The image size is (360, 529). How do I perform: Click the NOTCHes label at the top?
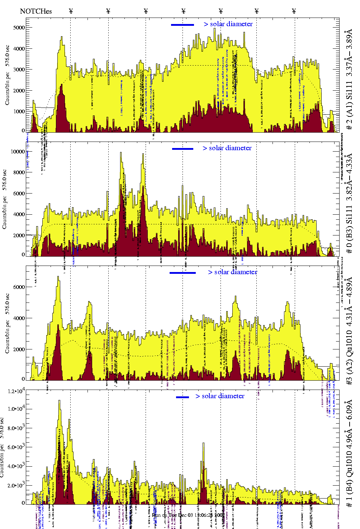pos(36,11)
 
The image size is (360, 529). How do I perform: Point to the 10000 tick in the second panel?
pos(18,152)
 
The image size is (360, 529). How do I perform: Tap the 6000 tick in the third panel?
pos(19,287)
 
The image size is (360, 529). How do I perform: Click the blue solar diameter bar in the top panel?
pos(183,25)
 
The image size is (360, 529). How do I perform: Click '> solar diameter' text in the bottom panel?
pos(220,396)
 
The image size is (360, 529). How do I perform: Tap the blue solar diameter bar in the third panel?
pos(183,273)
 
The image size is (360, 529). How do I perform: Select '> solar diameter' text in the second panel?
pos(227,148)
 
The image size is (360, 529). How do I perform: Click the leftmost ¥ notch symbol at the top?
pos(71,11)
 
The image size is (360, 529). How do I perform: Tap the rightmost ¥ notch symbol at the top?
pos(294,11)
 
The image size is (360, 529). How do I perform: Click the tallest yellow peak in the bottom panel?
pos(59,401)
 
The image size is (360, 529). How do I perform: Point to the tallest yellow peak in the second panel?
pos(121,153)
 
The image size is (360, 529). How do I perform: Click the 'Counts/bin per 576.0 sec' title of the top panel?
pos(8,75)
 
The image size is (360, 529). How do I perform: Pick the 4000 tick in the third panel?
pos(19,318)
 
